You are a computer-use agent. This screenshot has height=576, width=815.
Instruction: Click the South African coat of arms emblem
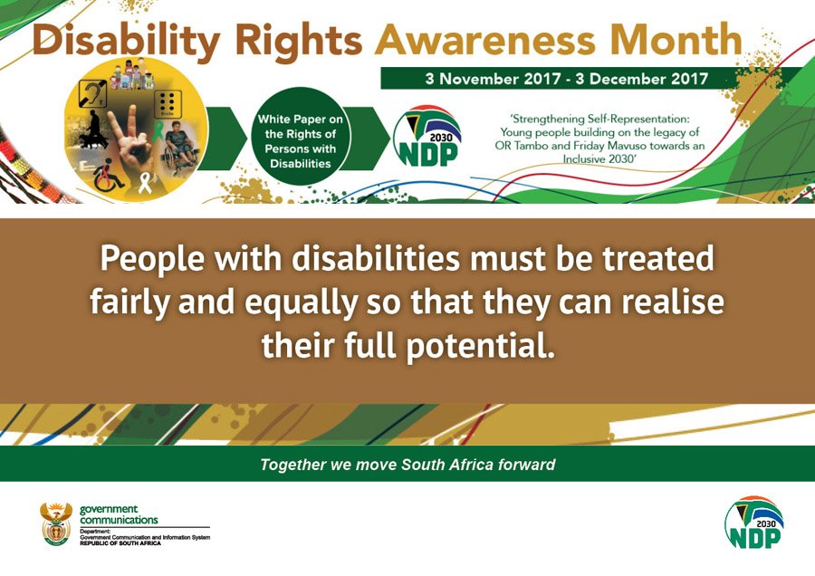(56, 523)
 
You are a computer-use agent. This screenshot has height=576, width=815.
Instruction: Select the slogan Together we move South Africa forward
(407, 465)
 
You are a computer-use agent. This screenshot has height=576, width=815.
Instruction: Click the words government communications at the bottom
(119, 515)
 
